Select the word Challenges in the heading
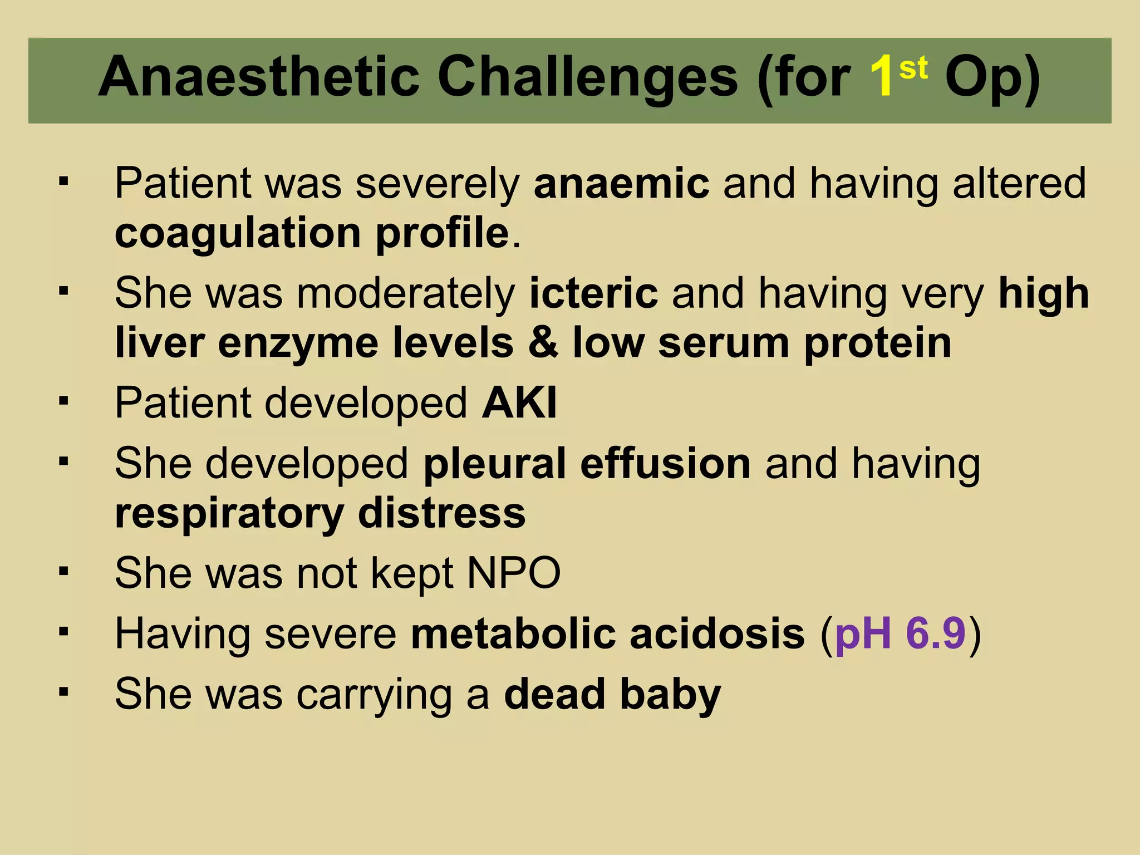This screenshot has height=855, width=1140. point(587,78)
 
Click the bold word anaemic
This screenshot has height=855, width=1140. point(621,184)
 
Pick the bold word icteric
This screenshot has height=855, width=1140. point(593,293)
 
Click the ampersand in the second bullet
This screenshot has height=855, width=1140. point(543,343)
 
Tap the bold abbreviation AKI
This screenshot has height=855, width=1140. point(519,402)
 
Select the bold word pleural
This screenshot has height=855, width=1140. point(495,464)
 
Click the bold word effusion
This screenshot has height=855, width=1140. point(665,464)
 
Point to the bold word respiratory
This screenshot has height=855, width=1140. point(229,514)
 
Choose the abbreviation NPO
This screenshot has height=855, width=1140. point(513,573)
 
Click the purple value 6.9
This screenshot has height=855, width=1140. point(935,633)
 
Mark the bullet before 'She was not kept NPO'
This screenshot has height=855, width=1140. point(63,572)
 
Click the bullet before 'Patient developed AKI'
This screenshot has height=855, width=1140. point(63,401)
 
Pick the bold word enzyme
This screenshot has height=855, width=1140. point(298,344)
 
